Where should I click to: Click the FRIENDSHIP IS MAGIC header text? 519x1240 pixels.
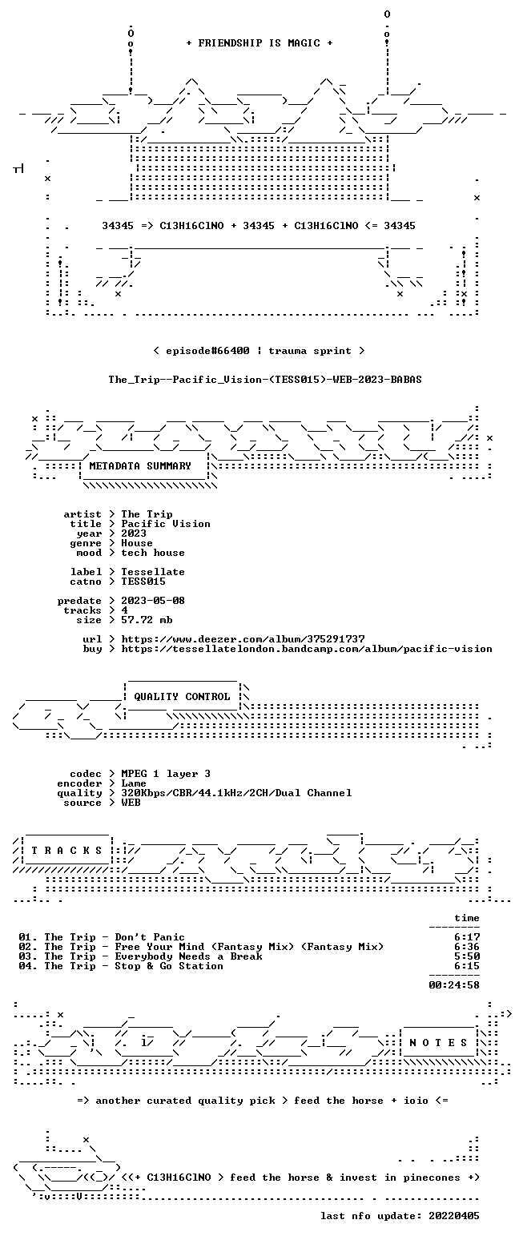[x=259, y=43]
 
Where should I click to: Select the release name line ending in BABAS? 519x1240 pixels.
[x=265, y=379]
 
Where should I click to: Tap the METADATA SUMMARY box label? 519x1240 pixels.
[x=140, y=466]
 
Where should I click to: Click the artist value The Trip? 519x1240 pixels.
[x=147, y=514]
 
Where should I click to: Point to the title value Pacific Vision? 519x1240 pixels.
[x=166, y=524]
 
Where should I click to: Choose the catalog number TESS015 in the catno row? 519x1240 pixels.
[x=143, y=582]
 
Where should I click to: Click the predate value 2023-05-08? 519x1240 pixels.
[x=153, y=601]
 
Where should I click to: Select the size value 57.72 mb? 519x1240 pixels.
[x=147, y=620]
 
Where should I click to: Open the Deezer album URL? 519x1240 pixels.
[x=243, y=639]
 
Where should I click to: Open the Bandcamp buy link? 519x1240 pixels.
[x=307, y=649]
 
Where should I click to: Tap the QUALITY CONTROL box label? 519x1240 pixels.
[x=182, y=697]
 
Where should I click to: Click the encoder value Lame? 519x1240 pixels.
[x=134, y=783]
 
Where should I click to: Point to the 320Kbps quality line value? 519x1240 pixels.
[x=236, y=793]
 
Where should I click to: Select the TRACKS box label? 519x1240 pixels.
[x=67, y=851]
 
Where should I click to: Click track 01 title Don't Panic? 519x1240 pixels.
[x=150, y=937]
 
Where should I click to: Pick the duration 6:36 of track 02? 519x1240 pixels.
[x=467, y=947]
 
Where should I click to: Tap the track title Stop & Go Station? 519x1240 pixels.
[x=169, y=966]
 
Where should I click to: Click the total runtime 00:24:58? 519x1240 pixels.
[x=454, y=985]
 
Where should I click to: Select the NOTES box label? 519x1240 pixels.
[x=438, y=1043]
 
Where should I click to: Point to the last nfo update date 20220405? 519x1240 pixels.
[x=454, y=1216]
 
